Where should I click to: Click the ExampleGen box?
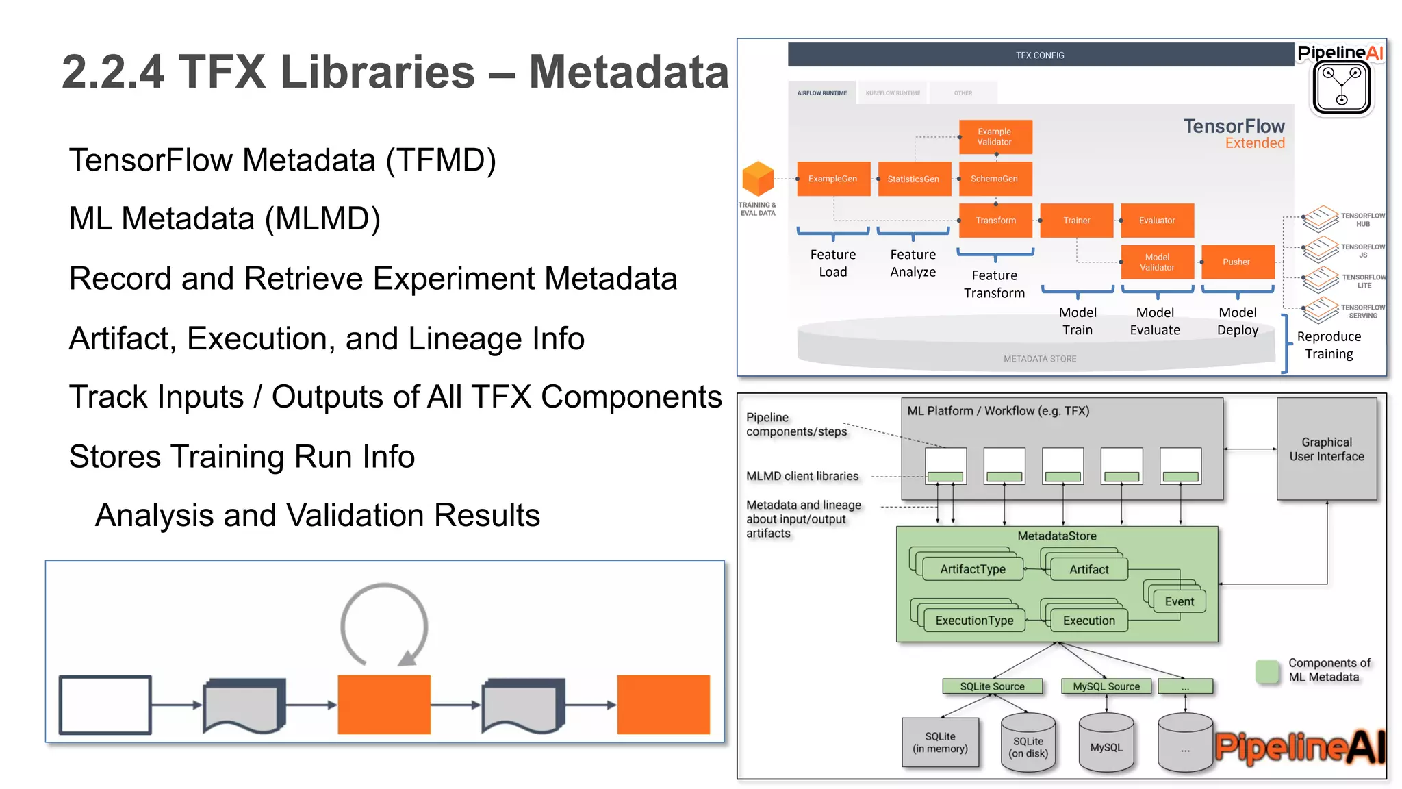(833, 179)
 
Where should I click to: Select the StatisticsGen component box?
(914, 179)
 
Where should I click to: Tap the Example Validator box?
(995, 137)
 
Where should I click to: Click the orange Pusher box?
(1237, 262)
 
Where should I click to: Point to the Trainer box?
(1076, 221)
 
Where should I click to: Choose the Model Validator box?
(1157, 262)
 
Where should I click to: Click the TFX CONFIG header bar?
(1040, 55)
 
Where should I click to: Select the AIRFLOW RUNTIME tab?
(821, 93)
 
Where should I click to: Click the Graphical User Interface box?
(1327, 449)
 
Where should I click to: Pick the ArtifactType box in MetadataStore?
(973, 569)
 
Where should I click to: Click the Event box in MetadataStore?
(1180, 601)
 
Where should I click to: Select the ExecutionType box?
(974, 621)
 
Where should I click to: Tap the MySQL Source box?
(1106, 686)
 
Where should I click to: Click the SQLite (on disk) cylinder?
(1028, 745)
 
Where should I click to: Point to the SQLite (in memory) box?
(940, 742)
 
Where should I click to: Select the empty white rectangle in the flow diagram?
(105, 705)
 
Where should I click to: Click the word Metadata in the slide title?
(628, 72)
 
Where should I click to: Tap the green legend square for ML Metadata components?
(1267, 671)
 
